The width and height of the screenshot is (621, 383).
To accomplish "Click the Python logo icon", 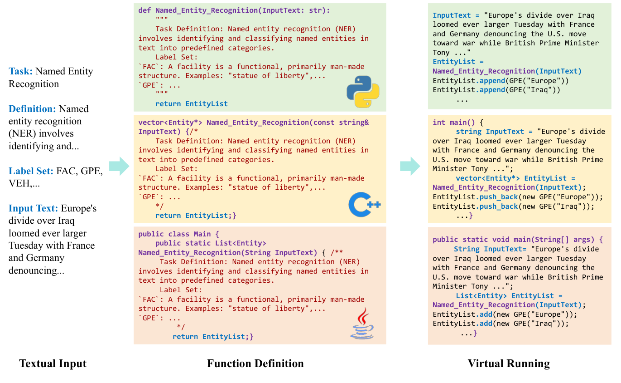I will click(363, 91).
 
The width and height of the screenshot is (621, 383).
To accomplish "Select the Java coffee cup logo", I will click(362, 324).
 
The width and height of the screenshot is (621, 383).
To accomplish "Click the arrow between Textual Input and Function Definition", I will click(119, 166).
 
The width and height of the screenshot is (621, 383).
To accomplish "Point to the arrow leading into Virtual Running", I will click(410, 166).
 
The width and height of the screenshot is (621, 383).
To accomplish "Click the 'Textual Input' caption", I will click(53, 363).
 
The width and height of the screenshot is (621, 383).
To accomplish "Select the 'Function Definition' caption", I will click(255, 363).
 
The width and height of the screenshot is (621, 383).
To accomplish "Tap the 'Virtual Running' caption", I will click(509, 363).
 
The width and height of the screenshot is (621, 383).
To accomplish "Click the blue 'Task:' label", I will click(21, 71).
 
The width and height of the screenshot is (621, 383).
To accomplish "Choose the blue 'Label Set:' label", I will click(31, 172).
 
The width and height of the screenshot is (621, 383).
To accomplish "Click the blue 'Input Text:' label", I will click(34, 209).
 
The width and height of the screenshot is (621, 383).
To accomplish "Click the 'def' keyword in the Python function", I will click(144, 10).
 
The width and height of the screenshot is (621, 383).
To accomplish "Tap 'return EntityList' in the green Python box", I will click(191, 104).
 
